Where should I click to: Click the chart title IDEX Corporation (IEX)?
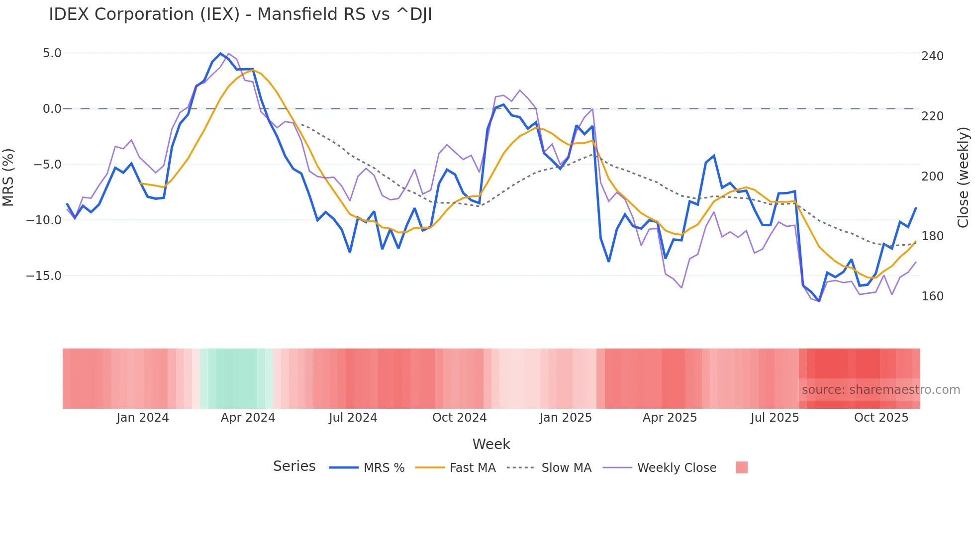(240, 14)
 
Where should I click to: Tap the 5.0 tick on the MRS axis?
(52, 53)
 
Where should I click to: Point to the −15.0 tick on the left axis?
(44, 275)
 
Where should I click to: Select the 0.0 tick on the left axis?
(52, 109)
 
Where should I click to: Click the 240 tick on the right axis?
(932, 56)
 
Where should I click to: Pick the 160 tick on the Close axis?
(932, 296)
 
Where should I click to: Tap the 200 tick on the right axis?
(932, 177)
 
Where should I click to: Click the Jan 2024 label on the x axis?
(143, 418)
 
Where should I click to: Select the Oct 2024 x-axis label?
(459, 418)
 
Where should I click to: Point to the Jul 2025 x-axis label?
(775, 418)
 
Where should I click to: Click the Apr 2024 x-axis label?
(248, 418)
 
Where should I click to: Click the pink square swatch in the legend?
(741, 467)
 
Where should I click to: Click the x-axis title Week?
(491, 444)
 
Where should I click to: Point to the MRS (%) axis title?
(8, 178)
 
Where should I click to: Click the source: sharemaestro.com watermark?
(880, 390)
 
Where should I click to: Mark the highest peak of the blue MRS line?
(221, 53)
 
